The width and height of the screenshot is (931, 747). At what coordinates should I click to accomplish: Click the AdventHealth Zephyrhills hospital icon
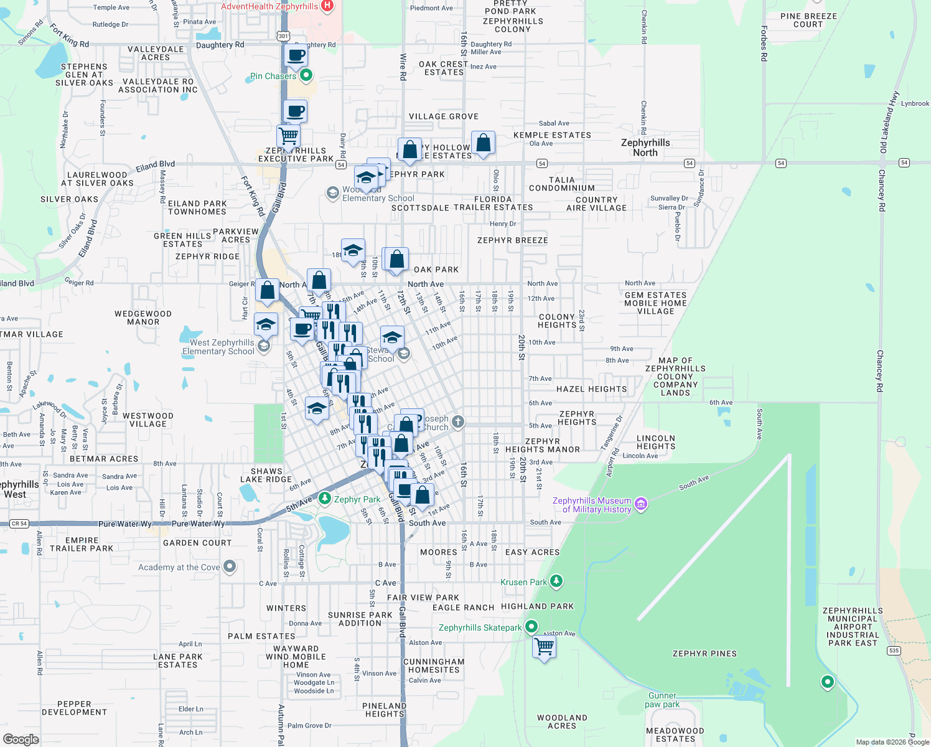(x=327, y=6)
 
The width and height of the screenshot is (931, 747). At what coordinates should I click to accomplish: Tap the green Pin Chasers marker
(x=306, y=76)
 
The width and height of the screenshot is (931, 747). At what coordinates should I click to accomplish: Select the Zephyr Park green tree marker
(x=324, y=499)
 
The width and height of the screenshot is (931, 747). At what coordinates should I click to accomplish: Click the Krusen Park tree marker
(x=556, y=581)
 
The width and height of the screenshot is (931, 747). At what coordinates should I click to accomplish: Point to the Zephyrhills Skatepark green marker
(x=531, y=626)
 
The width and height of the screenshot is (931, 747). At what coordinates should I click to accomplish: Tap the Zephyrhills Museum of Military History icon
(x=640, y=504)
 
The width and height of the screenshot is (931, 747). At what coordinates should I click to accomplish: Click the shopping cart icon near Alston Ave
(x=544, y=648)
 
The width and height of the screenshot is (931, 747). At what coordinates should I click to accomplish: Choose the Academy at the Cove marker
(x=230, y=566)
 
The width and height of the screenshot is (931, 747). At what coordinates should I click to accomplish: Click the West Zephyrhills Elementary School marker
(x=263, y=346)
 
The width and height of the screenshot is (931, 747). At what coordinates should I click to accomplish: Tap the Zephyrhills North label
(x=645, y=148)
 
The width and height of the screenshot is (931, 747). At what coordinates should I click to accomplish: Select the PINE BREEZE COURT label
(x=808, y=21)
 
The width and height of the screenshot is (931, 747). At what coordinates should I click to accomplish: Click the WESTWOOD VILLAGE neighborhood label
(x=147, y=420)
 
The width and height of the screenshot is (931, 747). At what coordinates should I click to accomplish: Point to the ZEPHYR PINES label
(x=704, y=654)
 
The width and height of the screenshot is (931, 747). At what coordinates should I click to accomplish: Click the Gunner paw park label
(x=662, y=700)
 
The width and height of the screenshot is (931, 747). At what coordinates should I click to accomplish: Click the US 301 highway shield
(x=283, y=35)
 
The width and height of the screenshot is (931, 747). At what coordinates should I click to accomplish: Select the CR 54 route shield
(x=19, y=524)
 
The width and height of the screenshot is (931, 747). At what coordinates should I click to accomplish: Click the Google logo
(x=21, y=740)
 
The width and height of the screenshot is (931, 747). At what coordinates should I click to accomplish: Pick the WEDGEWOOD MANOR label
(x=143, y=318)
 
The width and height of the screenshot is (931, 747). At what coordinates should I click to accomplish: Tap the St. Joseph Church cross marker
(x=457, y=422)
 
